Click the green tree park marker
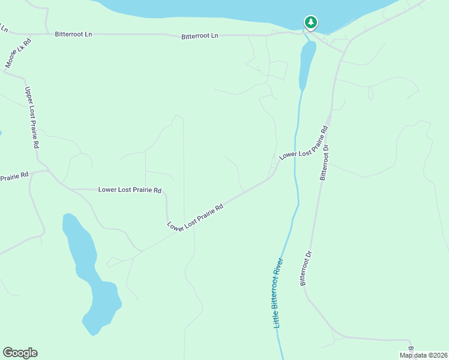pos(310,23)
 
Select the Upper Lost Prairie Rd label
pos(32,118)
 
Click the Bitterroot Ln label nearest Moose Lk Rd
pos(73,35)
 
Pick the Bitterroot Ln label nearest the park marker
pos(200,37)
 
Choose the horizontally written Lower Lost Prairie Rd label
pos(130,190)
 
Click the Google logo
pos(20,353)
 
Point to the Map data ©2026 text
pos(423,355)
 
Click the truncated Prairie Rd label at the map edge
pos(14,177)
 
